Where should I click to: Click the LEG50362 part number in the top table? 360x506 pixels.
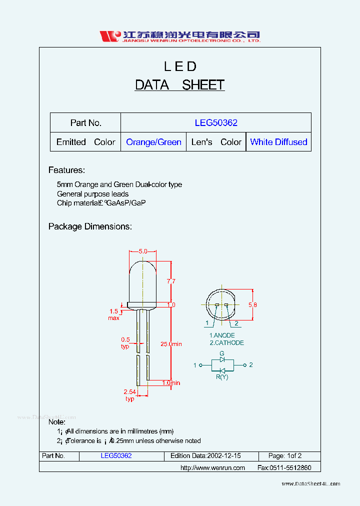point(216,122)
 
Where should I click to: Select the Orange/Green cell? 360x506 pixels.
point(153,142)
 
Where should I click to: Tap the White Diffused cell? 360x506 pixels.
point(278,142)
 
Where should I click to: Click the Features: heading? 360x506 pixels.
point(66,170)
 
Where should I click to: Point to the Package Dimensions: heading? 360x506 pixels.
point(90,226)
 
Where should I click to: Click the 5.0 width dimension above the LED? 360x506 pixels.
point(143,251)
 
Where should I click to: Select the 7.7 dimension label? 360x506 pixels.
point(170,281)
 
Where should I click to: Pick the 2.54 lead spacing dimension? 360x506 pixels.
point(129,392)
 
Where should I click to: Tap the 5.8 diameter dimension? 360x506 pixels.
point(252,304)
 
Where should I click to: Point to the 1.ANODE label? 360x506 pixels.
point(221,335)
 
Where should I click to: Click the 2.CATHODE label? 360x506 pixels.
point(226,343)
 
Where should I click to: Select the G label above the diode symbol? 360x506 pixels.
point(222,353)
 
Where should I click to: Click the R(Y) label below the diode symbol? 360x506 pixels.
point(222,377)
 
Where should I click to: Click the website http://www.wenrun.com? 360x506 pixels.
point(212,468)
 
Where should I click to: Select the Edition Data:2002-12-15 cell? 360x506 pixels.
point(205,456)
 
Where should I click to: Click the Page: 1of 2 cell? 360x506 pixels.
point(284,456)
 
